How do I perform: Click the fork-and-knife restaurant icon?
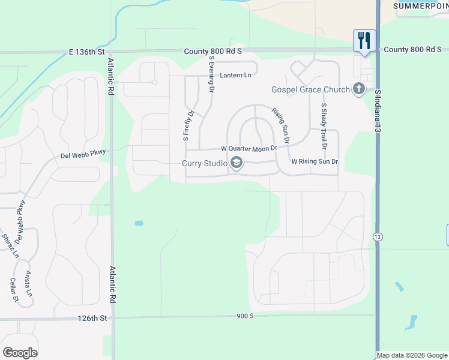click(364, 40)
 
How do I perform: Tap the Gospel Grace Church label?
click(310, 90)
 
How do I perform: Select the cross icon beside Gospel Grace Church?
click(359, 89)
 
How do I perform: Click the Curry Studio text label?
click(205, 163)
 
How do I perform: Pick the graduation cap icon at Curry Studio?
click(237, 163)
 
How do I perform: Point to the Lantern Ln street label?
click(235, 75)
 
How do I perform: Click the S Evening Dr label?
click(212, 74)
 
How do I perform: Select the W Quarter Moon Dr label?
click(249, 148)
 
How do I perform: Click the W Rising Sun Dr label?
click(315, 162)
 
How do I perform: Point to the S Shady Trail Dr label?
click(324, 126)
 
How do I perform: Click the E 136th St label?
click(87, 52)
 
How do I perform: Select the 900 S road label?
click(246, 316)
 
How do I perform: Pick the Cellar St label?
click(14, 289)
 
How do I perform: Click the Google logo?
click(20, 353)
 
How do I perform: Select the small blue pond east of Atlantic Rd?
click(139, 223)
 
